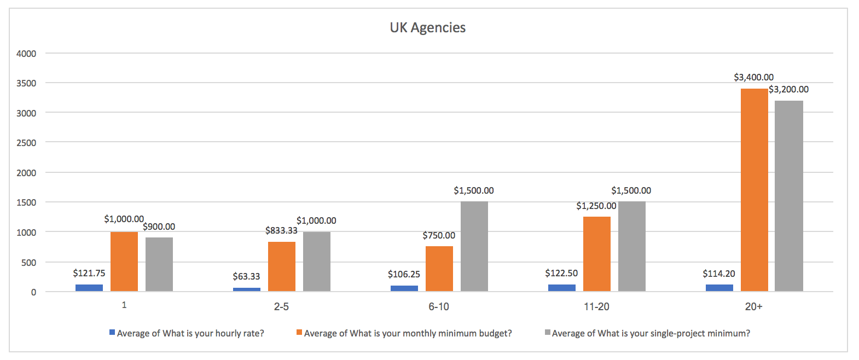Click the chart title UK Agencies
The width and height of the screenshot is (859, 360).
point(427,27)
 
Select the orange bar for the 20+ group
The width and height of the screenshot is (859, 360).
point(754,189)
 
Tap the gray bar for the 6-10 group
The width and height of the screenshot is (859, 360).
point(474,246)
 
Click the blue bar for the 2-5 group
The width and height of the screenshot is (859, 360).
point(247,289)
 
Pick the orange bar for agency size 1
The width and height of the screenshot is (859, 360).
point(124,262)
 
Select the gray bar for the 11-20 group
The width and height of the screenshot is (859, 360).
point(631,246)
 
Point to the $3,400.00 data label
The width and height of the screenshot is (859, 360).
point(753,78)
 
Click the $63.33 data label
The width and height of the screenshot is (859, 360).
point(246,276)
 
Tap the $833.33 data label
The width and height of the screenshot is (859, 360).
point(281,230)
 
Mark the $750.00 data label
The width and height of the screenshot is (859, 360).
point(438,235)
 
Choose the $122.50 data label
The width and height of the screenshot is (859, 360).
point(561,273)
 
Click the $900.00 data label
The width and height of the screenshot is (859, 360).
point(159,227)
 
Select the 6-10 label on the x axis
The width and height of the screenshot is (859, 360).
point(439,306)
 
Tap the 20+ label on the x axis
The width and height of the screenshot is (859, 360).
point(753,306)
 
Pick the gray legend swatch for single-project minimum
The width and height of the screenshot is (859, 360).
point(548,333)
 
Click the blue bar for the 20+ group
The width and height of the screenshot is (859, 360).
point(719,288)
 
